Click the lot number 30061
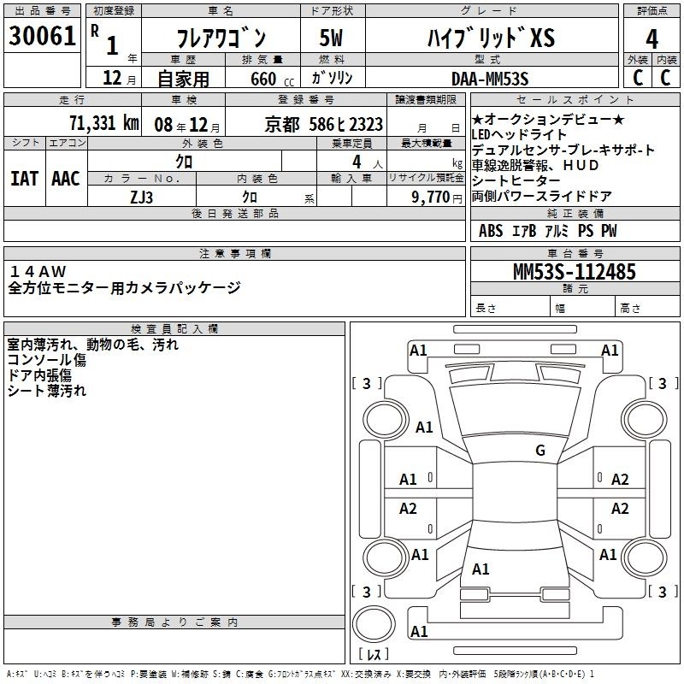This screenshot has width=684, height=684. point(42,36)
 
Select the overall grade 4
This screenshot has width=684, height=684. point(652,39)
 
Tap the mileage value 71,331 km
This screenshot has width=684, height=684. point(104,123)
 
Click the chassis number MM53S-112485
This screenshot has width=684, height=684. point(575,272)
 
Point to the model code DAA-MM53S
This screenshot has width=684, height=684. point(490,79)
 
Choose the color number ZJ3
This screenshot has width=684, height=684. point(142,198)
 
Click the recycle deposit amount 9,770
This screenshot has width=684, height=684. point(431,198)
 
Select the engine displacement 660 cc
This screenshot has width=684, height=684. point(272,79)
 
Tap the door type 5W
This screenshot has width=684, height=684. point(331,38)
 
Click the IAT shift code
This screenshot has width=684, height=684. point(24,179)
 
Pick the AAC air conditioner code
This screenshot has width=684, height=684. point(66,179)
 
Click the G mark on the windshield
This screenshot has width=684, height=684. point(540,450)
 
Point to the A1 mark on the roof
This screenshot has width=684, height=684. point(481,569)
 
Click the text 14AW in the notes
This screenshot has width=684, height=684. point(38,271)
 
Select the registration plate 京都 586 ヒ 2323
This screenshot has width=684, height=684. point(324,125)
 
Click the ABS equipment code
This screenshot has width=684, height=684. point(491,231)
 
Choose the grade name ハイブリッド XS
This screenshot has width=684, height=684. point(491,38)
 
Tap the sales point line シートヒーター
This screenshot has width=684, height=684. point(516,180)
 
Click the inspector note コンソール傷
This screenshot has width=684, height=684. point(47,360)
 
